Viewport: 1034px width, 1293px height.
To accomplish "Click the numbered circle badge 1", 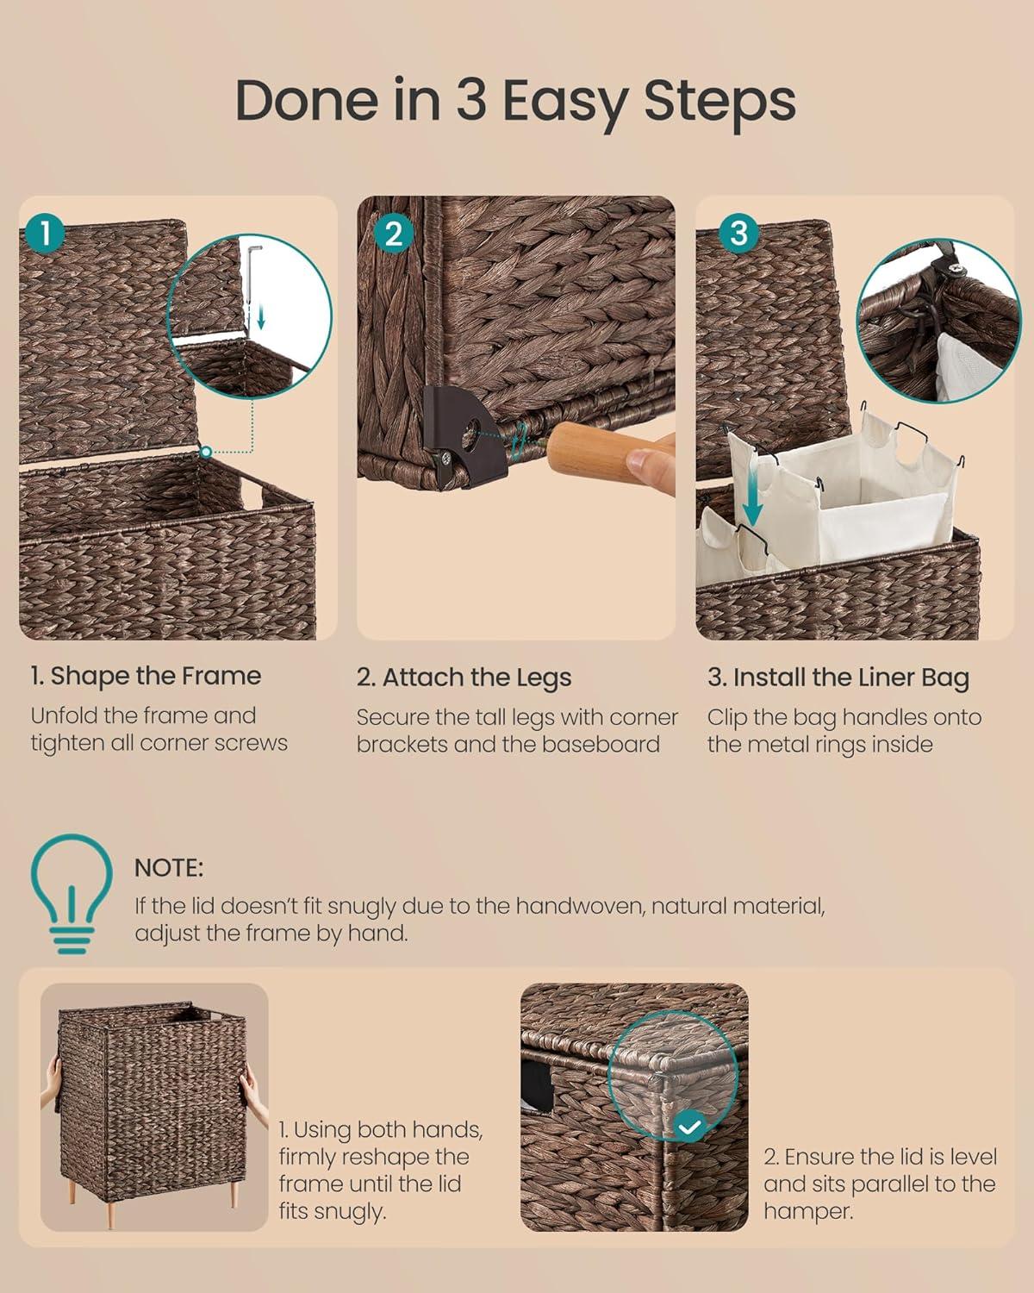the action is (45, 234).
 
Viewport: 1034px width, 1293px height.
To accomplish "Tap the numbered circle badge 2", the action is (394, 234).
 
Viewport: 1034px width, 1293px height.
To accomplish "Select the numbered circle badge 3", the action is (738, 234).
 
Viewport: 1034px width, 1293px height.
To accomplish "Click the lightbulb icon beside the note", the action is (72, 893).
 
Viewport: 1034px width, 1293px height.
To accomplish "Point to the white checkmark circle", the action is (689, 1127).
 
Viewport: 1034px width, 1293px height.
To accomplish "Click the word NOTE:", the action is (169, 868).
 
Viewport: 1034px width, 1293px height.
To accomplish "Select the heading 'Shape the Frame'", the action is (156, 676).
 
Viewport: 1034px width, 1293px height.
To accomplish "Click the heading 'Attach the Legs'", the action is (477, 678).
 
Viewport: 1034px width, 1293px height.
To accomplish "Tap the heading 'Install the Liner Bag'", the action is (850, 678).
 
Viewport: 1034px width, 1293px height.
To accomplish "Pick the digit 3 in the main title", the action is (471, 99).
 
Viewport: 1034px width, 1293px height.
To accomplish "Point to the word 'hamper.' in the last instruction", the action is (808, 1211).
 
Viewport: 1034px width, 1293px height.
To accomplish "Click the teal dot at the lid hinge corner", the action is (205, 451).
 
